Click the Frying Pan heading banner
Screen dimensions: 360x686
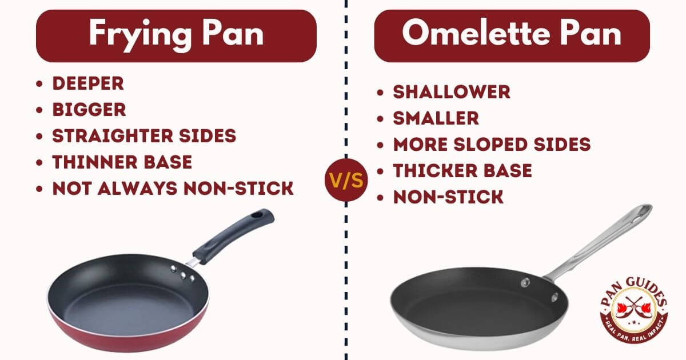pos(176,35)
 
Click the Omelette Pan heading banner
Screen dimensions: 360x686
pos(512,35)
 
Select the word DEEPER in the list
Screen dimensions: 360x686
pos(88,83)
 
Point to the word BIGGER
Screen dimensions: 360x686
pos(89,110)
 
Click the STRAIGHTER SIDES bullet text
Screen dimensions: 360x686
pos(144,136)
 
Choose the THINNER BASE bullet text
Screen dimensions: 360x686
pos(122,162)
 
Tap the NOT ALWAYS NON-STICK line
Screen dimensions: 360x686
pos(173,189)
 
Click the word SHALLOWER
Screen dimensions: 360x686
pos(451,92)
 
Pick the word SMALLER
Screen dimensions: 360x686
pos(436,118)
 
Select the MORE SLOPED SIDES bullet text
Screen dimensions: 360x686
pos(492,145)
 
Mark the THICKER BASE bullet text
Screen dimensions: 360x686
pos(462,171)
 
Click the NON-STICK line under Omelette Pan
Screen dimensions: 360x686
pos(448,197)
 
